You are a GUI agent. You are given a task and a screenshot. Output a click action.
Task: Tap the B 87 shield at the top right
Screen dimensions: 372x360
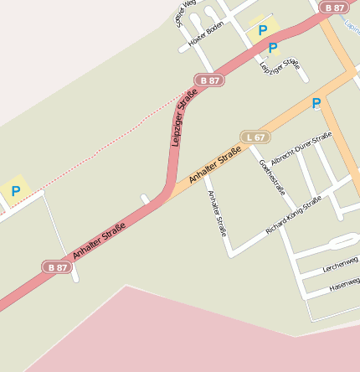click(335, 8)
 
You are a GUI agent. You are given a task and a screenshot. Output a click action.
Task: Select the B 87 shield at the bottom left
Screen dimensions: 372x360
click(57, 267)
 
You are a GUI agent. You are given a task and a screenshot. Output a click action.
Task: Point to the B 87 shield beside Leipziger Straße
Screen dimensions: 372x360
click(209, 80)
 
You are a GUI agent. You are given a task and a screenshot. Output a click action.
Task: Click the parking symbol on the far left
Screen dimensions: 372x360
click(15, 191)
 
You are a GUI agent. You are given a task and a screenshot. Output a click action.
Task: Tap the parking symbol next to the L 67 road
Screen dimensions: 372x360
click(316, 103)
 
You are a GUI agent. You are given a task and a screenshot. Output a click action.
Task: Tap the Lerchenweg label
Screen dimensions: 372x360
click(340, 265)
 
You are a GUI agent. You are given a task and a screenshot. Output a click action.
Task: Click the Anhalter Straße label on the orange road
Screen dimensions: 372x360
click(214, 164)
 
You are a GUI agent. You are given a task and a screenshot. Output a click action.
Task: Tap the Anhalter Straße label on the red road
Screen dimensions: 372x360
click(99, 240)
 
